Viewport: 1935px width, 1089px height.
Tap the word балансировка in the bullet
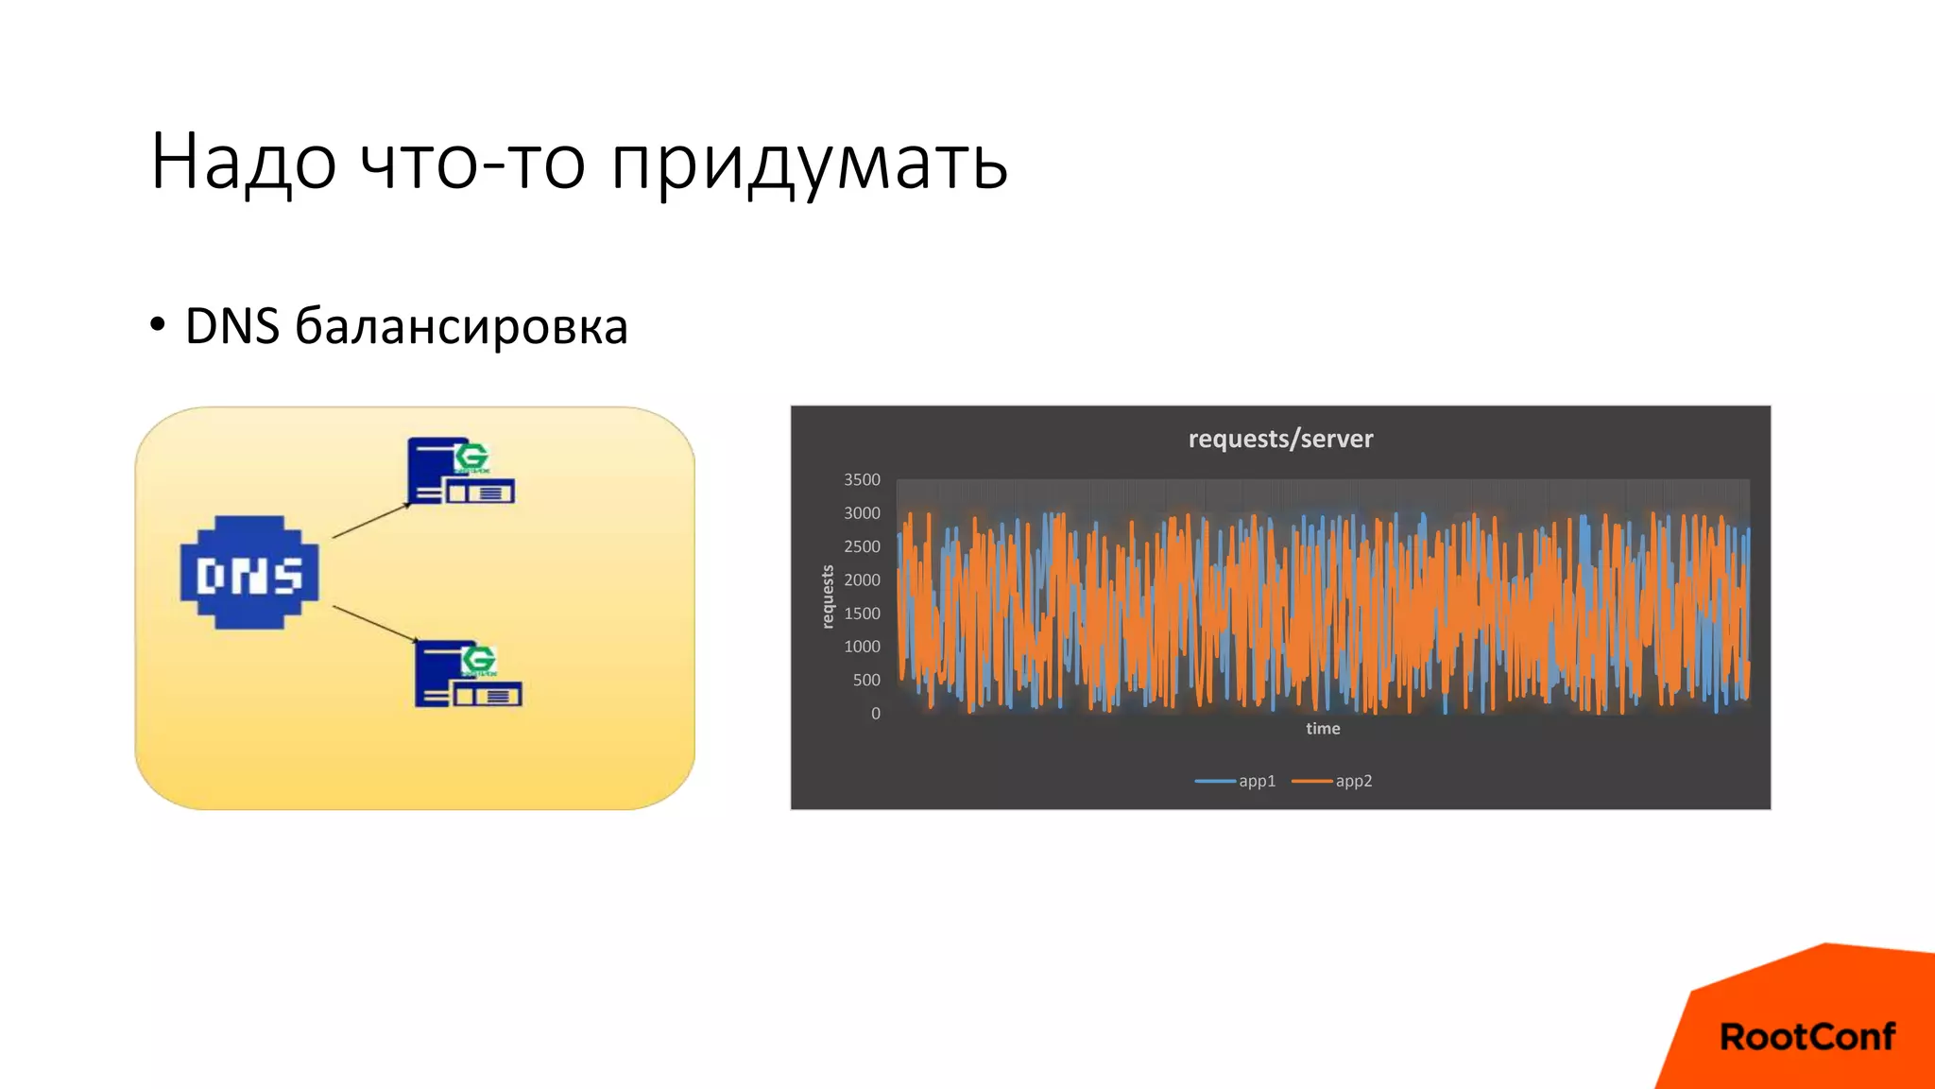click(461, 327)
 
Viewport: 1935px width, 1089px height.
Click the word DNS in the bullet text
click(232, 327)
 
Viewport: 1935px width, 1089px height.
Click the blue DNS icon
click(249, 573)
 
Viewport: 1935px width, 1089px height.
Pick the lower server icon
click(468, 674)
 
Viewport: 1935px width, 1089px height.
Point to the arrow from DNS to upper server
click(371, 521)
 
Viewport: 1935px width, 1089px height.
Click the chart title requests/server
click(1280, 439)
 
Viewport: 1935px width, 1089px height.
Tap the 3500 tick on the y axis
click(862, 480)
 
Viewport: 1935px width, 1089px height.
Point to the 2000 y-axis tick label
click(862, 580)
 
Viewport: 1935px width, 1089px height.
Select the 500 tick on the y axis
click(866, 681)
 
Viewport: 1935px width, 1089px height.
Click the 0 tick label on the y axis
click(876, 714)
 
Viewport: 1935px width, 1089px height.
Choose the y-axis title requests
click(828, 596)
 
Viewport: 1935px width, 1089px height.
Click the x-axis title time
click(1323, 729)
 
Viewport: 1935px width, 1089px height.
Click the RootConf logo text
click(1807, 1037)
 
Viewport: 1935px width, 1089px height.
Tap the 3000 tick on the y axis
click(862, 513)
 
